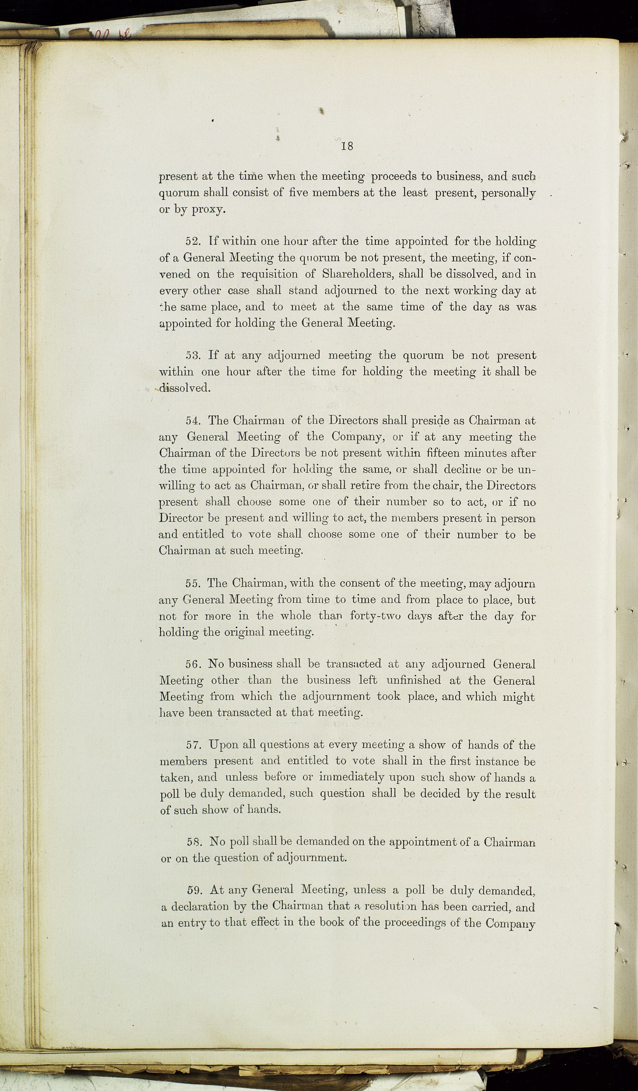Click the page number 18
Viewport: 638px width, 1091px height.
[x=347, y=146]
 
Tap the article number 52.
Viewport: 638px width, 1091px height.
[x=193, y=241]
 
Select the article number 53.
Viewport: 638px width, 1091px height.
[x=193, y=355]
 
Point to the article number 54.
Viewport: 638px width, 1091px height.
[x=193, y=420]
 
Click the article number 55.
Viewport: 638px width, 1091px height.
[x=193, y=583]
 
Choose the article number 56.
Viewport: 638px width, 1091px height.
[x=193, y=664]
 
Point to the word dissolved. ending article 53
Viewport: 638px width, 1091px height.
[x=185, y=388]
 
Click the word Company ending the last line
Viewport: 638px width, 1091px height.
[x=510, y=924]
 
